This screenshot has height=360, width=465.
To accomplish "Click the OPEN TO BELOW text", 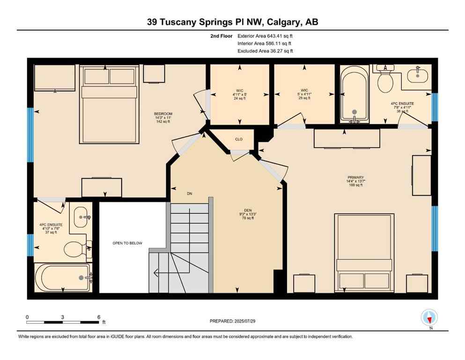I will point(127,243).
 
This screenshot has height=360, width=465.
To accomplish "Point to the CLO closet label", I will point(239,139).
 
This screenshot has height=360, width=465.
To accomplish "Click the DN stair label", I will point(190,194).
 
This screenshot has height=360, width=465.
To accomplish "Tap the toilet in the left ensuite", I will point(74,249).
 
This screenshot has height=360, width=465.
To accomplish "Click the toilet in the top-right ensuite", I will point(385,83).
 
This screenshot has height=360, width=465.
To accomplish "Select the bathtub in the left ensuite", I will point(63,277).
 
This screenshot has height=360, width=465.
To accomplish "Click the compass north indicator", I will point(429,317).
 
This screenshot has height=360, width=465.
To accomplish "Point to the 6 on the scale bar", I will point(99,317).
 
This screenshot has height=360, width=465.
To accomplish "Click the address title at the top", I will point(232,22).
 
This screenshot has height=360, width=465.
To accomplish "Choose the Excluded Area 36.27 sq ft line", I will point(267,51).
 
